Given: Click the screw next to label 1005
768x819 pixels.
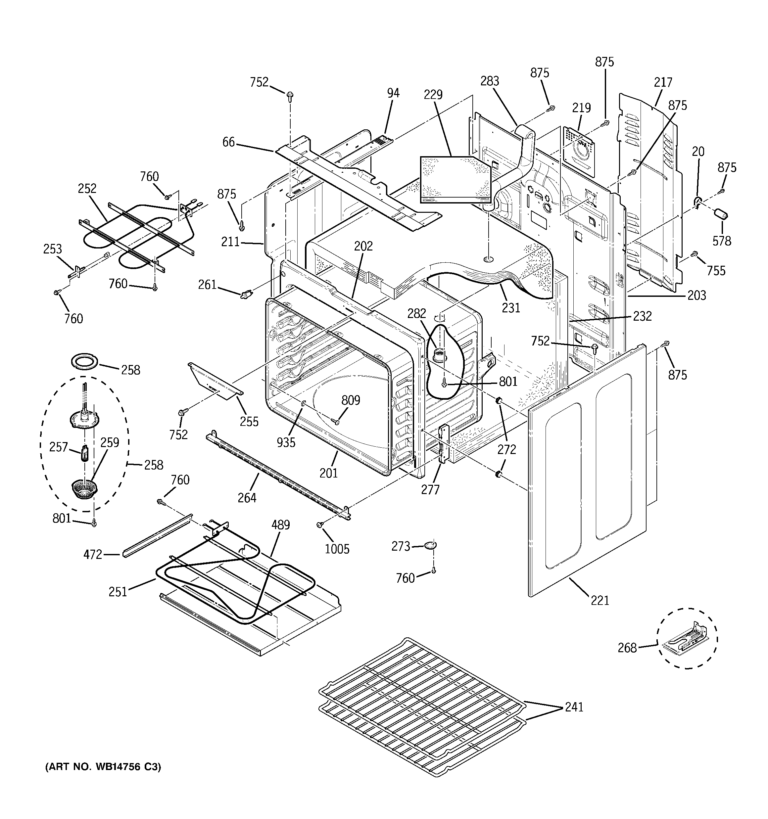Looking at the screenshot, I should [319, 525].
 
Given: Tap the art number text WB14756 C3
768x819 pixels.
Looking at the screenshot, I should [103, 767].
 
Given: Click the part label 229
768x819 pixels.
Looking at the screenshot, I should [433, 95].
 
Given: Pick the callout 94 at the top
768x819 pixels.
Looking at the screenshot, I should [393, 93].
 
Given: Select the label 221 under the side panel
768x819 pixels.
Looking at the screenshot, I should [600, 601].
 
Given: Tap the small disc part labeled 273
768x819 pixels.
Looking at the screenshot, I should [430, 546].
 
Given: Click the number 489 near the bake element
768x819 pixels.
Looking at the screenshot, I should [280, 525].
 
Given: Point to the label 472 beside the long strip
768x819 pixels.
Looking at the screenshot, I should [93, 555].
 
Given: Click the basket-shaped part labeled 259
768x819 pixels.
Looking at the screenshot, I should [84, 489].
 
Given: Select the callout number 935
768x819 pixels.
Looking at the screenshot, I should [286, 442].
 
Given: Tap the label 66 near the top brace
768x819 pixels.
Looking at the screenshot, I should [228, 142].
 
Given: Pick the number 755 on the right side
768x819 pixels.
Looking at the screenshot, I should [716, 271].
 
